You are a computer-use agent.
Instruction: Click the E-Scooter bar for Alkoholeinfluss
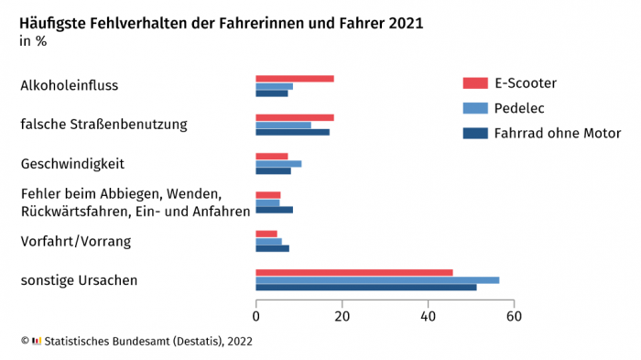294,79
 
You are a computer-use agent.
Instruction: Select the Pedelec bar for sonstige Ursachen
377,279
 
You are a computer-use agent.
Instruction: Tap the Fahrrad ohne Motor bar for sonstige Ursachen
365,287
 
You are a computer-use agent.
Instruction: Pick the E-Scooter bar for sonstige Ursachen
353,272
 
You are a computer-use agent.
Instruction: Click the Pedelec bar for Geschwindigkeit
278,163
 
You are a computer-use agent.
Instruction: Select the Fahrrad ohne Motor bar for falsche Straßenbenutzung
292,132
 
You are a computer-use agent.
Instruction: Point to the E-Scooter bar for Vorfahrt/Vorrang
266,234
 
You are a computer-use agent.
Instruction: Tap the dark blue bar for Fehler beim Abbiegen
274,210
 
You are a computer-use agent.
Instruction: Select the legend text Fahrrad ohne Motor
557,133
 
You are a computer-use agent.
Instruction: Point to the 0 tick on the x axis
256,316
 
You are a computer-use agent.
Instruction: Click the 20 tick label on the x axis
342,316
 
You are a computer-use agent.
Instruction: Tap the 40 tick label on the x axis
428,316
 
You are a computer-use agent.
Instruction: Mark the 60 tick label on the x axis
514,316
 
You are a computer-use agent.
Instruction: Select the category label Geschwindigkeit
72,164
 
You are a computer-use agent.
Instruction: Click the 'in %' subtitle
33,41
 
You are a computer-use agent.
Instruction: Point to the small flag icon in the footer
37,341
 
